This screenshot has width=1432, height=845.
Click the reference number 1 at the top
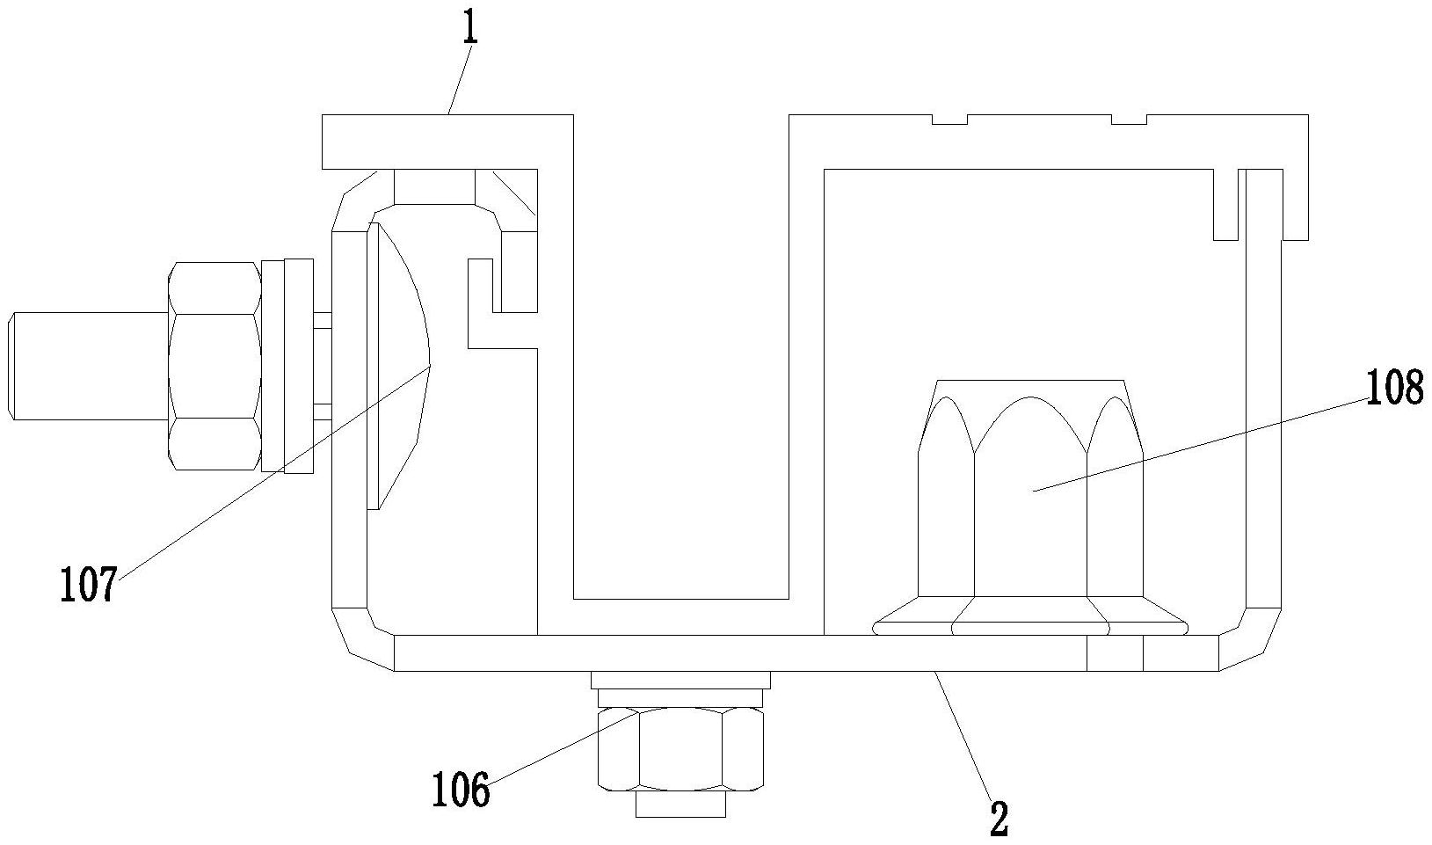[x=470, y=25]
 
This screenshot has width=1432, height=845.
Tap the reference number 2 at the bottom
[x=999, y=818]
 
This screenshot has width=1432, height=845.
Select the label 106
[x=461, y=789]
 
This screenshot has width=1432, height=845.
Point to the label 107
[x=89, y=584]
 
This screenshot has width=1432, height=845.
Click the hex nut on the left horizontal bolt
[x=214, y=366]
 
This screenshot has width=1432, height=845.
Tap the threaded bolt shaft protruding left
[x=90, y=366]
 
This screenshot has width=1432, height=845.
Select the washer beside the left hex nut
[x=287, y=366]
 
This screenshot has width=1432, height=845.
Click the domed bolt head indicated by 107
[x=397, y=366]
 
